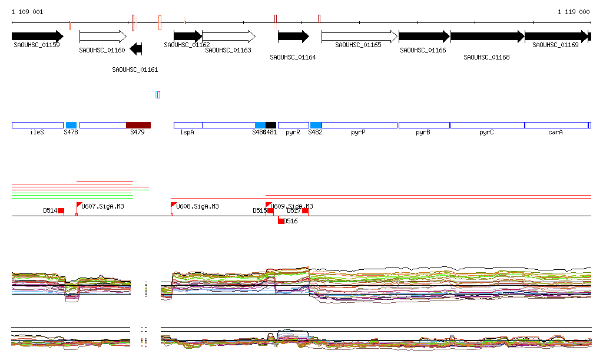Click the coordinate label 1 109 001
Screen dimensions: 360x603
click(28, 12)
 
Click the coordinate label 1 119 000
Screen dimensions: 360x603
click(574, 12)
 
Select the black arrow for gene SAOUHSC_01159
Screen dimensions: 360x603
click(37, 36)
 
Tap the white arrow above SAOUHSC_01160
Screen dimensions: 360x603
click(102, 36)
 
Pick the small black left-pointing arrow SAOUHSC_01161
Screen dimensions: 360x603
click(136, 49)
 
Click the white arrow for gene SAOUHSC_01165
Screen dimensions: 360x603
click(359, 36)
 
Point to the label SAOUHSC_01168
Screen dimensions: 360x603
click(486, 57)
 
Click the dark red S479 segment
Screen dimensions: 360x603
click(138, 125)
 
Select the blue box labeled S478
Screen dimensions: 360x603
click(71, 125)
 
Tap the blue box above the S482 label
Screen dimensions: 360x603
click(316, 125)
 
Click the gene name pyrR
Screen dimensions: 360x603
click(293, 133)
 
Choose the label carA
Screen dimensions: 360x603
click(555, 133)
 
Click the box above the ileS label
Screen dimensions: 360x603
click(37, 125)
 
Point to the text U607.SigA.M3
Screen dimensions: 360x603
click(103, 206)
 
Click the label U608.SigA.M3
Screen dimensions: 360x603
click(198, 206)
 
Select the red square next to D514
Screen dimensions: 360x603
click(61, 211)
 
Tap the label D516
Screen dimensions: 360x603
click(291, 222)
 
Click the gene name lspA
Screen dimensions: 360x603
click(187, 133)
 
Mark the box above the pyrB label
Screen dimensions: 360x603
click(424, 125)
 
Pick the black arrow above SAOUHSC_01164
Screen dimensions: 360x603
click(293, 36)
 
